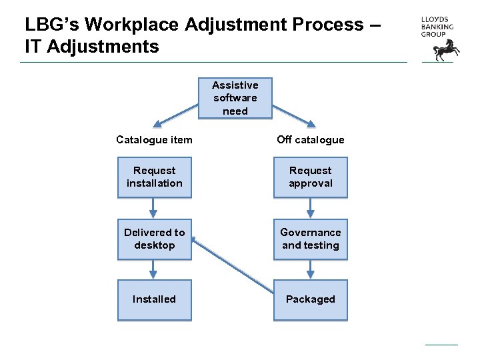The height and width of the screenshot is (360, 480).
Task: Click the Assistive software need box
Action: pos(235,98)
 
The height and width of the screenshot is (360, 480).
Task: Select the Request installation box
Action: pos(154,177)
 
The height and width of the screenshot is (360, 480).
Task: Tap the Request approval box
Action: pos(310,177)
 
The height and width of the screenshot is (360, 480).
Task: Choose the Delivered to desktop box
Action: pos(154,239)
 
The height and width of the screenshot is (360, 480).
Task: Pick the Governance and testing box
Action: pos(310,239)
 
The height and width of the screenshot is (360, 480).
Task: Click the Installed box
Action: pos(154,299)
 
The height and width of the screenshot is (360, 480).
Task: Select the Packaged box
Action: pos(310,299)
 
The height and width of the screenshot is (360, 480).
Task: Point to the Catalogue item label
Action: pos(154,140)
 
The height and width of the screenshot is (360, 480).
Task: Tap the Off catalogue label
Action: pos(311,140)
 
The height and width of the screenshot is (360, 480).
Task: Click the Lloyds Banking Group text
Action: pos(437,27)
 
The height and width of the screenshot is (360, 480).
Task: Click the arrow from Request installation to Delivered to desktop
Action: pos(154,209)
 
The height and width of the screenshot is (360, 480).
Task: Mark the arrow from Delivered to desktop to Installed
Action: pos(154,269)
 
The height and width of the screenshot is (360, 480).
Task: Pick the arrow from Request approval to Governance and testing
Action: pos(310,209)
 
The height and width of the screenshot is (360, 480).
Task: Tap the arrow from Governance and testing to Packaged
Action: pos(310,269)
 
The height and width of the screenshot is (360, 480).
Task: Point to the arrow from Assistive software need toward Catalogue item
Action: pos(176,115)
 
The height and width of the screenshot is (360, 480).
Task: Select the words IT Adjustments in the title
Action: pos(92,47)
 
